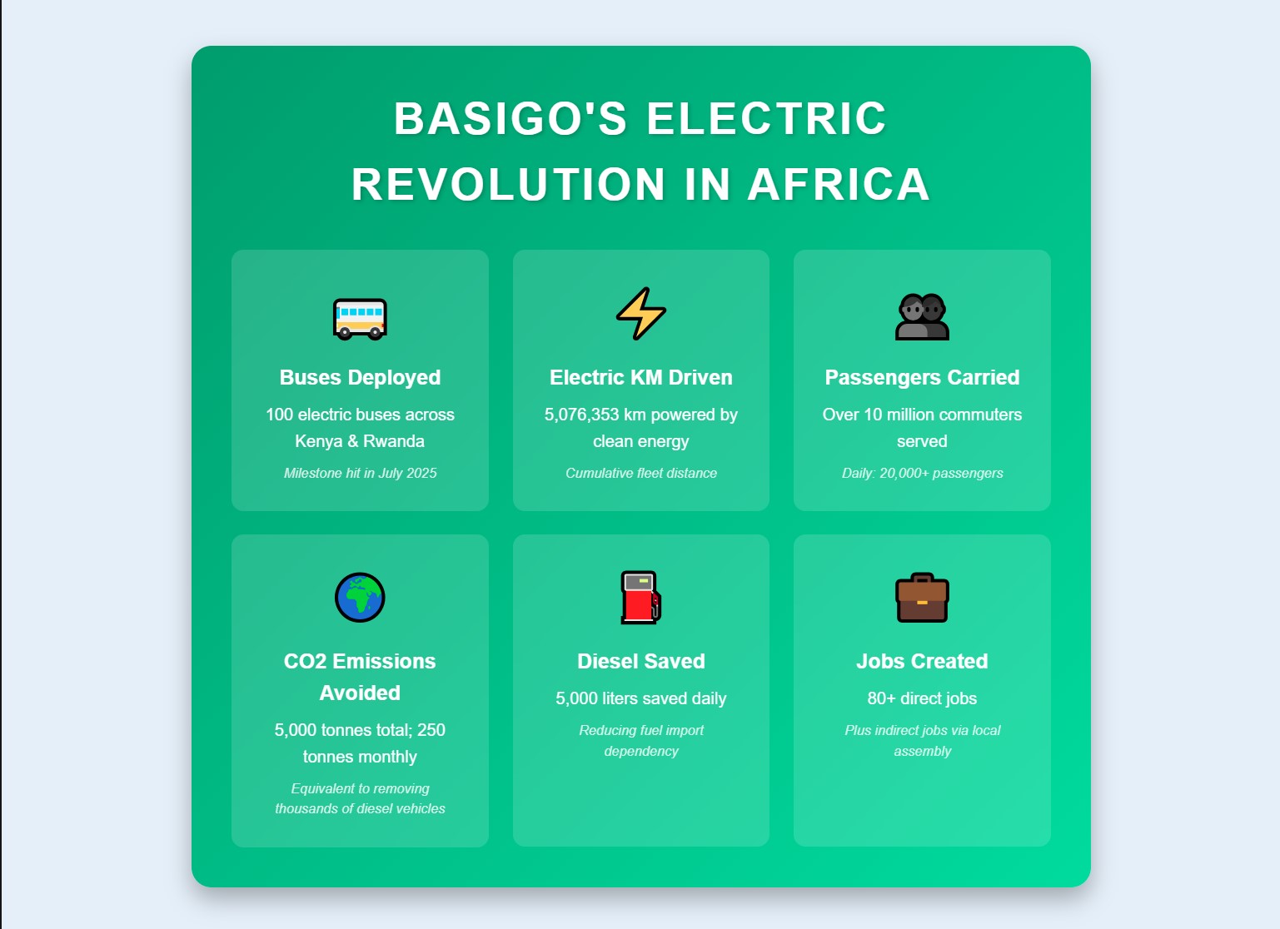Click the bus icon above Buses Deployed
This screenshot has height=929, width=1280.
coord(360,319)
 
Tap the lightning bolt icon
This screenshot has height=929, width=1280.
coord(641,313)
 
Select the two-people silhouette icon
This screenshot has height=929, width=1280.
coord(922,317)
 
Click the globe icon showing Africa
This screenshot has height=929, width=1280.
coord(360,597)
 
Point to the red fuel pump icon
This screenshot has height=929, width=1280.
coord(641,597)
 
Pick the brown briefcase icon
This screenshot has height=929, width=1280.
coord(922,598)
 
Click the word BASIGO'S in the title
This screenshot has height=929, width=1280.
coord(511,118)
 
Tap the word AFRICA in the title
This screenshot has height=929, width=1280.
coord(839,185)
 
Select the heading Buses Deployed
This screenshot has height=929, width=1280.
coord(360,378)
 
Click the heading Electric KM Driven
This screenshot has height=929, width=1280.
coord(641,378)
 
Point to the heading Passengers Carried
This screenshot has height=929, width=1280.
coord(922,378)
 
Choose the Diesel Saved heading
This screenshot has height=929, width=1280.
coord(641,661)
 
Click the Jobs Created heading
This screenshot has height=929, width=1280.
coord(922,661)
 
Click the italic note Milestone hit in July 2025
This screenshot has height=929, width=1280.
coord(360,473)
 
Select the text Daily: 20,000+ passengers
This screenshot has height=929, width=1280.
coord(922,473)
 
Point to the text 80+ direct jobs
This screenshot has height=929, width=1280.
coord(922,698)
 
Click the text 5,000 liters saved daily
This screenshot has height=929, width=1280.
coord(641,698)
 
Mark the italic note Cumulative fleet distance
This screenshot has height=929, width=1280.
coord(641,473)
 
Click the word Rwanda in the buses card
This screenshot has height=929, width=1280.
coord(394,441)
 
